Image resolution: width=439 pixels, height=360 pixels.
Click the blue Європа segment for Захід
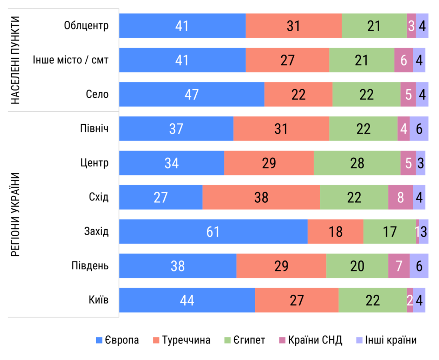(213, 231)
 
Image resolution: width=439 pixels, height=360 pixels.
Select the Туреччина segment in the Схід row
(261, 197)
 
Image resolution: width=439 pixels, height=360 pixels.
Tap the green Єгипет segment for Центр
(357, 163)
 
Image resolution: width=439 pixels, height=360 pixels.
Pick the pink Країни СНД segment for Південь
(399, 266)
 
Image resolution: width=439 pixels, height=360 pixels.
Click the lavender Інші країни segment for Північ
(419, 129)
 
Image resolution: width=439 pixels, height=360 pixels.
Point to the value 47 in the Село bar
(191, 94)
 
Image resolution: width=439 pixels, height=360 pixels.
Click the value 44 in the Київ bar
(187, 300)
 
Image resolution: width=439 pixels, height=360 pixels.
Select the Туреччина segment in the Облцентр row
(293, 26)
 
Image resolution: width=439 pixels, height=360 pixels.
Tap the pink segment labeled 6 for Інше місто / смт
(404, 60)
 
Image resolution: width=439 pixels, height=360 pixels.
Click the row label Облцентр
(86, 26)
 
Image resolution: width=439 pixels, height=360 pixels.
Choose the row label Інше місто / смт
(71, 60)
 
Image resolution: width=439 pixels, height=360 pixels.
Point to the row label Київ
(98, 300)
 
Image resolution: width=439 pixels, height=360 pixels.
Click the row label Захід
(96, 231)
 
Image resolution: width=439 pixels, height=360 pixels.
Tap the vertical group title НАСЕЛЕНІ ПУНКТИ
(15, 60)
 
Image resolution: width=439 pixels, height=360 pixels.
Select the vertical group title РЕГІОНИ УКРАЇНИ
(15, 214)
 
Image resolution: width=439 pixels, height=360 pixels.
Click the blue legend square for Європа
(99, 340)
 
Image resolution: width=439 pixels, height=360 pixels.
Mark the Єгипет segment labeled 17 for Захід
(389, 231)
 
